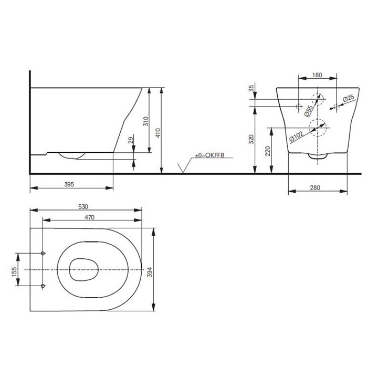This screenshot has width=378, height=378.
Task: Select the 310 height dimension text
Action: pos(146,122)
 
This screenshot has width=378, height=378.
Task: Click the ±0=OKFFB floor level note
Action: pos(209,156)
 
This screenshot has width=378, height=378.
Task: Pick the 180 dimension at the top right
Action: pos(317,75)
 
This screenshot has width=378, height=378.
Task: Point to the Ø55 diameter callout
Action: pos(309,110)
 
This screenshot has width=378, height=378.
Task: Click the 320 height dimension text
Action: pos(252,139)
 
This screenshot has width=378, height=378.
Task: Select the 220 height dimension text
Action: pos(268,151)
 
